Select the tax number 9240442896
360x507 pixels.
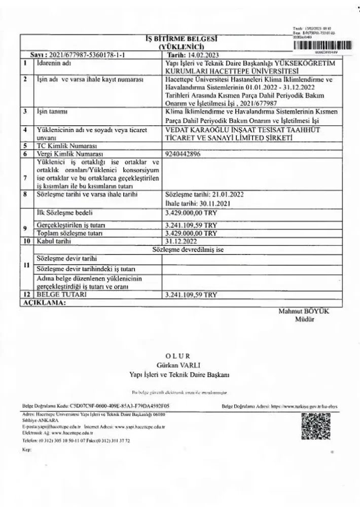click(x=184, y=153)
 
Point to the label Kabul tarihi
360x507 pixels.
click(x=51, y=241)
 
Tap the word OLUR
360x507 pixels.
click(x=180, y=356)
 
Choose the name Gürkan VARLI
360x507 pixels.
click(x=179, y=365)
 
